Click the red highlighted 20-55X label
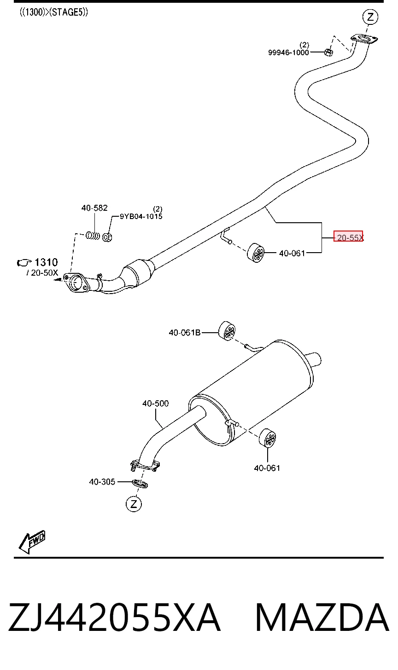(x=348, y=237)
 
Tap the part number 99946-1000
(x=288, y=52)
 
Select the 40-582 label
(x=94, y=208)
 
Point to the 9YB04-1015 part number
(x=141, y=216)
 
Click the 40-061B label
(x=184, y=333)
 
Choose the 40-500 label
(x=155, y=404)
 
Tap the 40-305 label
(x=102, y=482)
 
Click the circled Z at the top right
(x=370, y=17)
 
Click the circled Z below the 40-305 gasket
(x=134, y=504)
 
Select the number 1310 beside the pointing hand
(x=46, y=262)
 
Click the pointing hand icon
(x=24, y=263)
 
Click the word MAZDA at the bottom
(x=322, y=617)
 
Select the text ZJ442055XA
(x=114, y=617)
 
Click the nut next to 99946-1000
(x=329, y=52)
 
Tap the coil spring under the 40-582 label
(x=93, y=236)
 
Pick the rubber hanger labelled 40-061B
(x=227, y=331)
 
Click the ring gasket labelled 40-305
(x=140, y=483)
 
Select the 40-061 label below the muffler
(x=267, y=468)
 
